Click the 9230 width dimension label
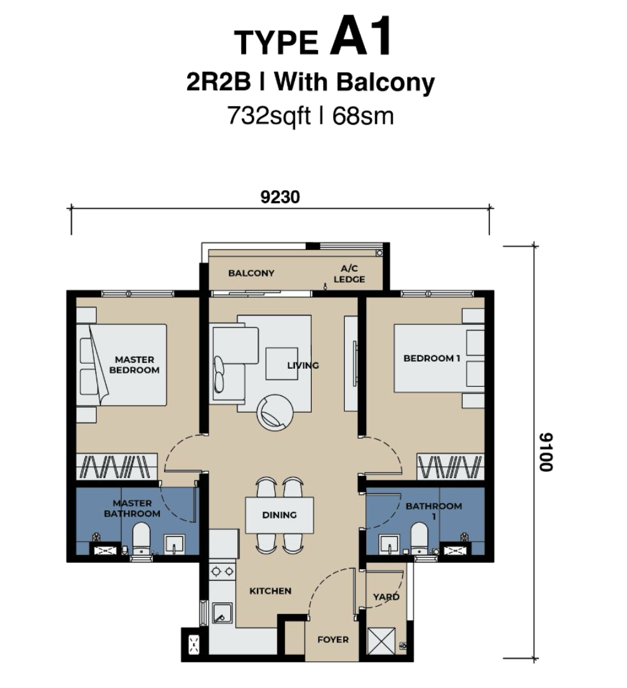tap(280, 197)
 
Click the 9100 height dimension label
tap(546, 452)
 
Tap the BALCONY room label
tap(251, 273)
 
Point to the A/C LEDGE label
tap(349, 274)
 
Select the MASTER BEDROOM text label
tap(135, 364)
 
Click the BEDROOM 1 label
tap(432, 358)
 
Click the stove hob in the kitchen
tap(222, 571)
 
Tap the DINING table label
tap(279, 515)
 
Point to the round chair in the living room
tap(275, 413)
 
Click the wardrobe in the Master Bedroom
tap(117, 466)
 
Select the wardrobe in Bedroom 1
tap(451, 466)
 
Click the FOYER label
tap(333, 640)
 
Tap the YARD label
tap(386, 597)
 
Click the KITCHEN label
tap(270, 591)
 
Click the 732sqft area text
tap(268, 116)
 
